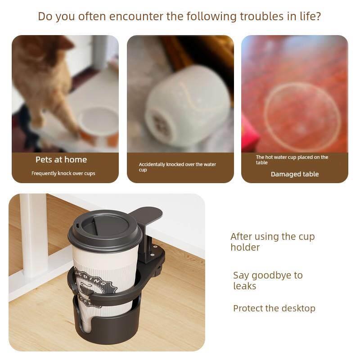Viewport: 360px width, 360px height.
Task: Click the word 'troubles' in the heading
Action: (x=261, y=16)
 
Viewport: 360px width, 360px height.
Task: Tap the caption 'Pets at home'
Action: (x=61, y=160)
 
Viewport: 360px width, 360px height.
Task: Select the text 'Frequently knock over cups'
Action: (x=63, y=173)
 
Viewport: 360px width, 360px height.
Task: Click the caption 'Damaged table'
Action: (x=295, y=174)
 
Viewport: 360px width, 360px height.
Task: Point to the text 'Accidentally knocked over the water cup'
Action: (x=177, y=167)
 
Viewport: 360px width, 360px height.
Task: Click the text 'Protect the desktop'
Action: (x=274, y=308)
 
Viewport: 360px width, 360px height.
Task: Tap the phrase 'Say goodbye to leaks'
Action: (x=268, y=280)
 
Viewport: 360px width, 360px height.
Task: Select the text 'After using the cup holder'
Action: (x=273, y=242)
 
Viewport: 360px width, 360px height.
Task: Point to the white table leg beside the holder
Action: (x=35, y=234)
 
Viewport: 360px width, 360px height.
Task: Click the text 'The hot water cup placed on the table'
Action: (x=292, y=160)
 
